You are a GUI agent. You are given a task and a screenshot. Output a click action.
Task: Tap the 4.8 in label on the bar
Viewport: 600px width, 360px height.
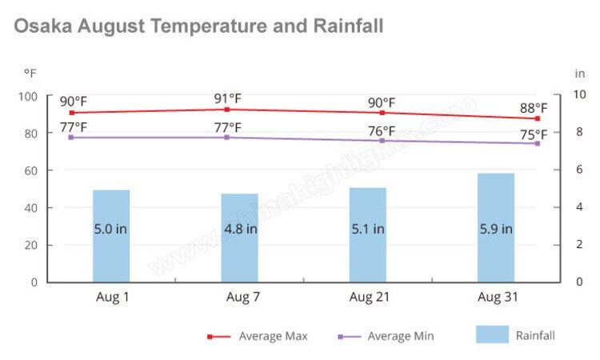click(240, 229)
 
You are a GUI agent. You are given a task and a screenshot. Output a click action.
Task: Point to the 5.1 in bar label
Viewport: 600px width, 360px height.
click(368, 229)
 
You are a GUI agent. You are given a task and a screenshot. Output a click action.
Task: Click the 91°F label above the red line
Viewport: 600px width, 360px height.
click(227, 99)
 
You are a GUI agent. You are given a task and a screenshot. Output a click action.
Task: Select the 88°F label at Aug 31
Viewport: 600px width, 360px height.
click(534, 108)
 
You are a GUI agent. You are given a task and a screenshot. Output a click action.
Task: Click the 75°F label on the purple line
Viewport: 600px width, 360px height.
click(534, 134)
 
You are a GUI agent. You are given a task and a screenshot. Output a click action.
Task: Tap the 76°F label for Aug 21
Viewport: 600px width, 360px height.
click(382, 130)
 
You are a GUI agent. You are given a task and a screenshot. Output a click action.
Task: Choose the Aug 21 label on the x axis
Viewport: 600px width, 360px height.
click(368, 297)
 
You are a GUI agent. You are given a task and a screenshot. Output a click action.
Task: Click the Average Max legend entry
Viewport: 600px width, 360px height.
click(273, 336)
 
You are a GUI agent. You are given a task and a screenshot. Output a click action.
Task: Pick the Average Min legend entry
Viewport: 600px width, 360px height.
click(400, 336)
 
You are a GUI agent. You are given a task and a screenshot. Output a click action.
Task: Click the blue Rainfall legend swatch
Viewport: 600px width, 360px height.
click(492, 334)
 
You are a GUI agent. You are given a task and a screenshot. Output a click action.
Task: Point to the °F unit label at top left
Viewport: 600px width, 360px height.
click(30, 73)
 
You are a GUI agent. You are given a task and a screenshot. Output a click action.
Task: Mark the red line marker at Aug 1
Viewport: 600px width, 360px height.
click(72, 113)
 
